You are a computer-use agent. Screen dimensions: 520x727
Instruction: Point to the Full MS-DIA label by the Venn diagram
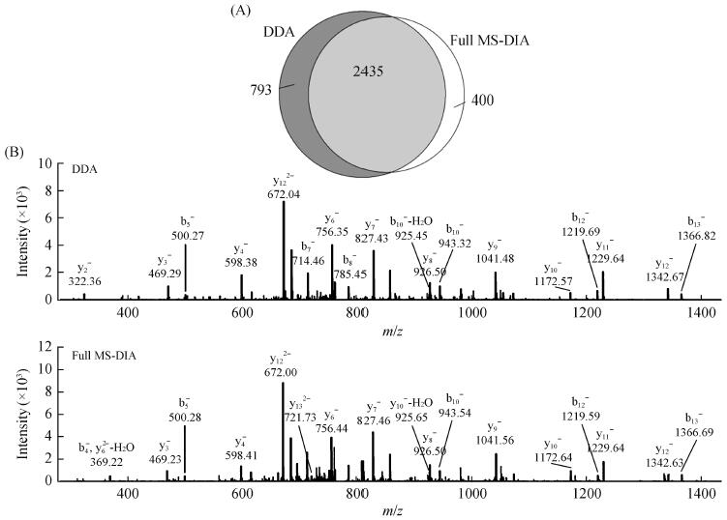point(492,41)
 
